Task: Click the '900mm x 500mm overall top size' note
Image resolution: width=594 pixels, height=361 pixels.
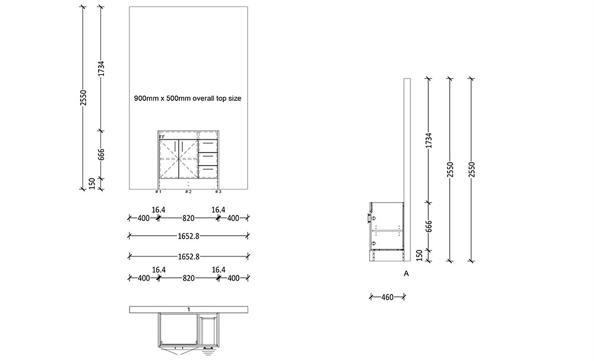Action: tap(188, 98)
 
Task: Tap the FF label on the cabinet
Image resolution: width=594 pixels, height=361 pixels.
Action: tap(162, 137)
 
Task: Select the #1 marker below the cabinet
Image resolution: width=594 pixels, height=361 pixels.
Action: tap(158, 192)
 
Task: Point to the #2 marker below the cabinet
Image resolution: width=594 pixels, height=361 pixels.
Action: tap(188, 192)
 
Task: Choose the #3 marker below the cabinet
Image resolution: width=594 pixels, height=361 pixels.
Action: tap(218, 192)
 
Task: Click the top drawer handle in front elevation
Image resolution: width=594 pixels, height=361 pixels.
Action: tap(208, 143)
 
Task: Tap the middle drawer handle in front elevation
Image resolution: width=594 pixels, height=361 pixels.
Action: tap(208, 157)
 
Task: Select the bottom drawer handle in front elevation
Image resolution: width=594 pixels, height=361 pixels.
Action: tap(208, 169)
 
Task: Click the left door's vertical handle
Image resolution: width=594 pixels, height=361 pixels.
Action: tap(176, 146)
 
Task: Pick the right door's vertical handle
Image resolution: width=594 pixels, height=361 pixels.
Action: tap(182, 146)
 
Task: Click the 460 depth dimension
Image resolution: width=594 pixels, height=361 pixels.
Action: tap(387, 297)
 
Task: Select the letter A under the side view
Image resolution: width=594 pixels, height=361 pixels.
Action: tap(406, 274)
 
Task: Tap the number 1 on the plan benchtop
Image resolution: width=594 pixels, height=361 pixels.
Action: tap(188, 309)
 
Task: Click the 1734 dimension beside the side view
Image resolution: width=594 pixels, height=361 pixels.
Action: tap(429, 140)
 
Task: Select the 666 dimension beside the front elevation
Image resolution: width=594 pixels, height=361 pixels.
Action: tap(102, 154)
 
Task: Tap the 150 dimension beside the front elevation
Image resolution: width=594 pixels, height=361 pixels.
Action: tap(92, 184)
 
